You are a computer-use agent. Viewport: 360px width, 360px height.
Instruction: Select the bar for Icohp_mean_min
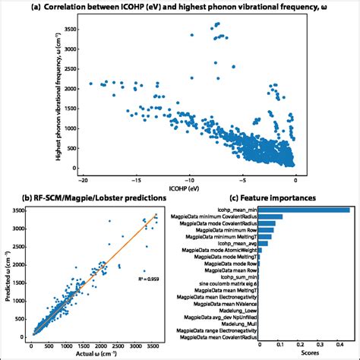pyautogui.click(x=304, y=210)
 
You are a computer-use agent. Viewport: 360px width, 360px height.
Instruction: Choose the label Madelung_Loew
pyautogui.click(x=235, y=310)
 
